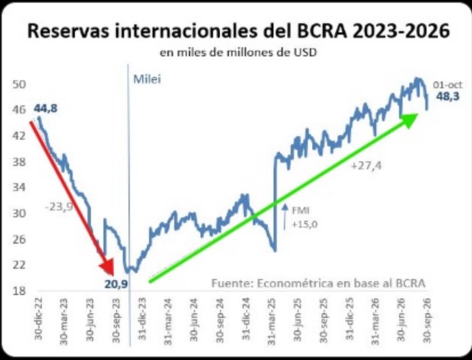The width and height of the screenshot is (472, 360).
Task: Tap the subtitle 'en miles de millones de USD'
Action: [238, 53]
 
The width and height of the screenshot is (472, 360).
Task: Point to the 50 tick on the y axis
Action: [19, 84]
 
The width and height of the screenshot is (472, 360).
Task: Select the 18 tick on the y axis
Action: [19, 291]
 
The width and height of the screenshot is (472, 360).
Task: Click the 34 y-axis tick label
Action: [19, 187]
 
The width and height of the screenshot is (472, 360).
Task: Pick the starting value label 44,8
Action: [45, 109]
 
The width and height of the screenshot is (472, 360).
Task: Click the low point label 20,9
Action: [116, 284]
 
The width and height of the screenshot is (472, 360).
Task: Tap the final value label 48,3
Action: [448, 96]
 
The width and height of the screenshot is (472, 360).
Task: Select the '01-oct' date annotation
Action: [448, 85]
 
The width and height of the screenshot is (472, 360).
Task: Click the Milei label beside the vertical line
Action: [147, 79]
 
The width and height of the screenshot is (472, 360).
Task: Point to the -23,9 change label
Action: [59, 207]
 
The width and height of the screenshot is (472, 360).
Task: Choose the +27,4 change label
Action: [366, 166]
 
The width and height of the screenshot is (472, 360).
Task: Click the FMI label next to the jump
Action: [300, 210]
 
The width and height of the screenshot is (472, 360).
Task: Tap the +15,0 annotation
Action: [305, 225]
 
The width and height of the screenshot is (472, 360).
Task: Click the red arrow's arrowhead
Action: [107, 267]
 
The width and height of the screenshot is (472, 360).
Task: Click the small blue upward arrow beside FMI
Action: [284, 217]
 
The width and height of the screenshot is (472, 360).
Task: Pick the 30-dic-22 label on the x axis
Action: [39, 319]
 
